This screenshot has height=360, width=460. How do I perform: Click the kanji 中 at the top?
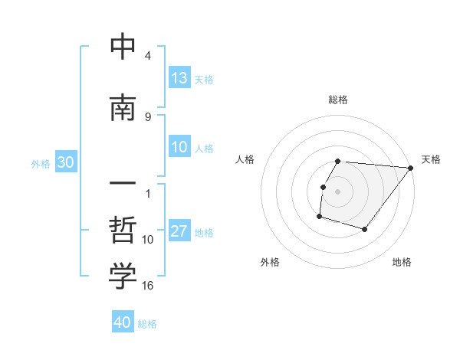click(x=123, y=47)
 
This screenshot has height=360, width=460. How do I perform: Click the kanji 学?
click(x=123, y=277)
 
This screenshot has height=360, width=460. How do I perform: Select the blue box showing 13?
click(x=179, y=78)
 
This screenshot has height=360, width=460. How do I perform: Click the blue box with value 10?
click(x=179, y=147)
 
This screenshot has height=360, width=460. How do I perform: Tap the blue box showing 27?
click(x=179, y=231)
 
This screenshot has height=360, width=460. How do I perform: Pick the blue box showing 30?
click(x=65, y=162)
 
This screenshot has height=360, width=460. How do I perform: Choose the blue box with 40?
click(x=123, y=322)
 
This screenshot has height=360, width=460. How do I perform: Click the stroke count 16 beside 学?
click(x=147, y=285)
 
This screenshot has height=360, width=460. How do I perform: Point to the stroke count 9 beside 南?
click(x=148, y=116)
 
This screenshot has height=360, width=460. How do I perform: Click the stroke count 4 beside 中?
click(x=148, y=55)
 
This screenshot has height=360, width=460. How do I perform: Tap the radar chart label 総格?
click(x=338, y=100)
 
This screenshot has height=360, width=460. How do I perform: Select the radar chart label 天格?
click(x=431, y=159)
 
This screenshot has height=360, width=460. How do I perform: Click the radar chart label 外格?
click(x=270, y=262)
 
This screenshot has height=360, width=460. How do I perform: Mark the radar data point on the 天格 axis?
click(x=410, y=168)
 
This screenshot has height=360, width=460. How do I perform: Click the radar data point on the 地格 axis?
click(x=365, y=229)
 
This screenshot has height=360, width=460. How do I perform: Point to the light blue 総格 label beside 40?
click(x=147, y=324)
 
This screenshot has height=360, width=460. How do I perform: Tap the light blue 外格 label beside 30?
click(x=41, y=163)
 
